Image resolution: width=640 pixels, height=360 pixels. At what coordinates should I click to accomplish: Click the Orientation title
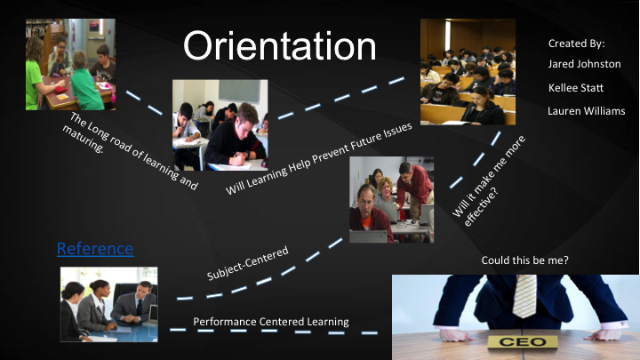[x=280, y=45]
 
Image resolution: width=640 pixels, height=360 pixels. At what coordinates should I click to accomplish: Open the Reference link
[x=95, y=248]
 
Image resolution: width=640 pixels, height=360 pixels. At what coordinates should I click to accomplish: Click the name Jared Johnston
[x=584, y=64]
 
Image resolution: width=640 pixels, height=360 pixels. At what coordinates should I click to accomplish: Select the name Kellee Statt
[x=575, y=88]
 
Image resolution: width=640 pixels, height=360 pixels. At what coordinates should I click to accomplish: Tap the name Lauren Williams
[x=586, y=111]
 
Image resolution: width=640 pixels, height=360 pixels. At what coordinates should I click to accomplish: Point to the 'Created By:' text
[x=576, y=44]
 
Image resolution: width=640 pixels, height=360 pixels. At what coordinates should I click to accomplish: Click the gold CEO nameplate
[x=523, y=341]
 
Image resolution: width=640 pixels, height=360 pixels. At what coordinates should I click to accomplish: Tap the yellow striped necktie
[x=524, y=295]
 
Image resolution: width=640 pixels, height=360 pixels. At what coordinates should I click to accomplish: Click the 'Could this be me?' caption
[x=524, y=260]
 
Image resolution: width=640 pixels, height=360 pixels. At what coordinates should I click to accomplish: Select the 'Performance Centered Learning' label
[x=271, y=322]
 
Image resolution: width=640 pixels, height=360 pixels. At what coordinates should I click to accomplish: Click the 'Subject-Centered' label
[x=248, y=263]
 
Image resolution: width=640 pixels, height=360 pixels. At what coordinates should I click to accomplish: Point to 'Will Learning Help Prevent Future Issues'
[x=319, y=158]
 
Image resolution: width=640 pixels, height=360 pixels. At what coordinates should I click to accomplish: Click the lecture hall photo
[x=468, y=71]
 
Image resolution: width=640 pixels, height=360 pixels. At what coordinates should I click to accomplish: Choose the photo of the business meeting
[x=109, y=305]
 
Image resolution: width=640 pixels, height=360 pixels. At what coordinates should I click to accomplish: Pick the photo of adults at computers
[x=391, y=200]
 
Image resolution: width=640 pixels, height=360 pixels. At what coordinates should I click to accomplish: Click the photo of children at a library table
[x=70, y=65]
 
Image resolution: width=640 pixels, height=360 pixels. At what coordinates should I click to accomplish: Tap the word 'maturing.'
[x=84, y=140]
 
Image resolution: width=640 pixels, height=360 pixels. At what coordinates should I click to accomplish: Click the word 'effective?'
[x=481, y=207]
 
